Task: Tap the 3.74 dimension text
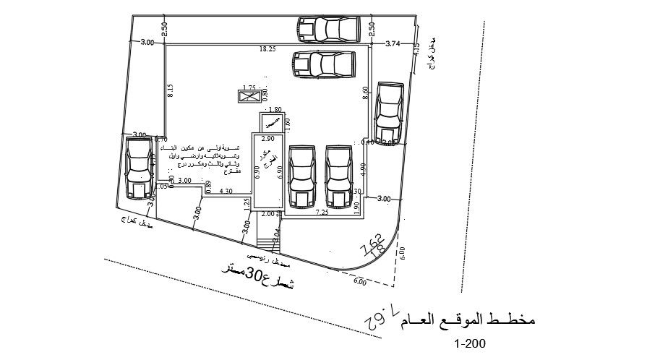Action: (393, 43)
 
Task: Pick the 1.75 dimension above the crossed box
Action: (251, 86)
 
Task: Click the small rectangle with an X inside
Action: (248, 96)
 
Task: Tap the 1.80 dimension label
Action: (275, 110)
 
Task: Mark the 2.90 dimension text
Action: (267, 138)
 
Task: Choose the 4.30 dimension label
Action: (226, 191)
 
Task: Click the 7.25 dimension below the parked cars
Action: (322, 213)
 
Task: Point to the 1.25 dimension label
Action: (247, 205)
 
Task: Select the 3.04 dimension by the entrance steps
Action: (277, 233)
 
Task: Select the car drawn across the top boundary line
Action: (328, 29)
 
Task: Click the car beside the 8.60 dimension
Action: (389, 115)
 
